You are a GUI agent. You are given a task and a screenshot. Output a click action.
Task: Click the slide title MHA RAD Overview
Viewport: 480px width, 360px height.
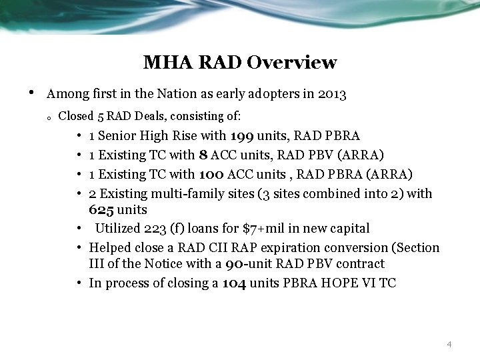[x=240, y=63]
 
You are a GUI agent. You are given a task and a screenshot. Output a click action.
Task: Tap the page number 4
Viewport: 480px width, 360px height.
[x=449, y=344]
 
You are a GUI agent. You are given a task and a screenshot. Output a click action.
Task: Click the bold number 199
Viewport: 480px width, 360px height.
[x=242, y=137]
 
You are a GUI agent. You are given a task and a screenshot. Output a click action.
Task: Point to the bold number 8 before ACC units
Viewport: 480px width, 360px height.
[x=201, y=155]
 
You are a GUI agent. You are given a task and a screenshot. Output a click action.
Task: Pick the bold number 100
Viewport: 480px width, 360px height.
[x=212, y=175]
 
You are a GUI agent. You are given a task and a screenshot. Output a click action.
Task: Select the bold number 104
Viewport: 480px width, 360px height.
[x=235, y=283]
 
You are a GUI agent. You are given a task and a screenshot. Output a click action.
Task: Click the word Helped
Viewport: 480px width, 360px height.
[x=110, y=248]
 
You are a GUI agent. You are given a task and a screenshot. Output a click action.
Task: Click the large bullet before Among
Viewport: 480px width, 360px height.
[x=31, y=93]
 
